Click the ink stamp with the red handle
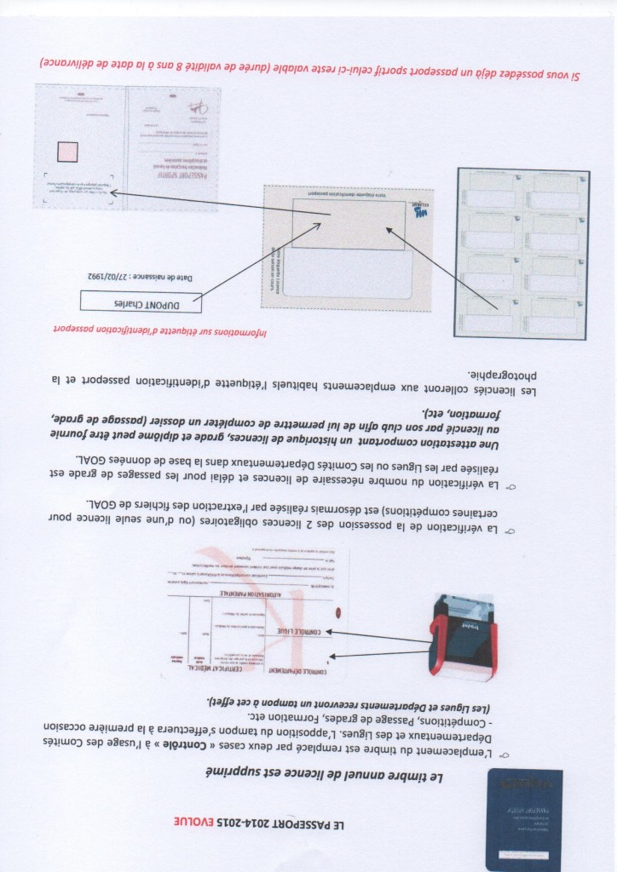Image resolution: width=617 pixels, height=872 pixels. [x=464, y=636]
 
